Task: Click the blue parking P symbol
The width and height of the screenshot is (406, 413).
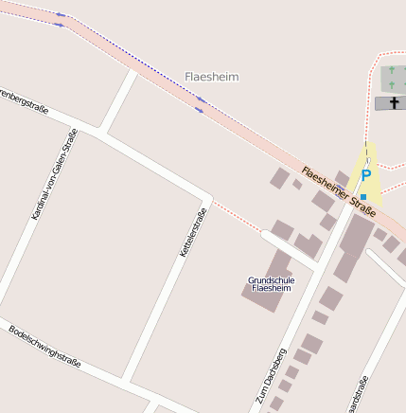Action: [365, 176]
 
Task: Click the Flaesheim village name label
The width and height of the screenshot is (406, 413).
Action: [212, 76]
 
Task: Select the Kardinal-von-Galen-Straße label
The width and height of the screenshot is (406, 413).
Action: [54, 174]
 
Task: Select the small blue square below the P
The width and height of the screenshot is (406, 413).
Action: [362, 196]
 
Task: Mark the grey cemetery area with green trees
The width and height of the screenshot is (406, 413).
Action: [393, 80]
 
